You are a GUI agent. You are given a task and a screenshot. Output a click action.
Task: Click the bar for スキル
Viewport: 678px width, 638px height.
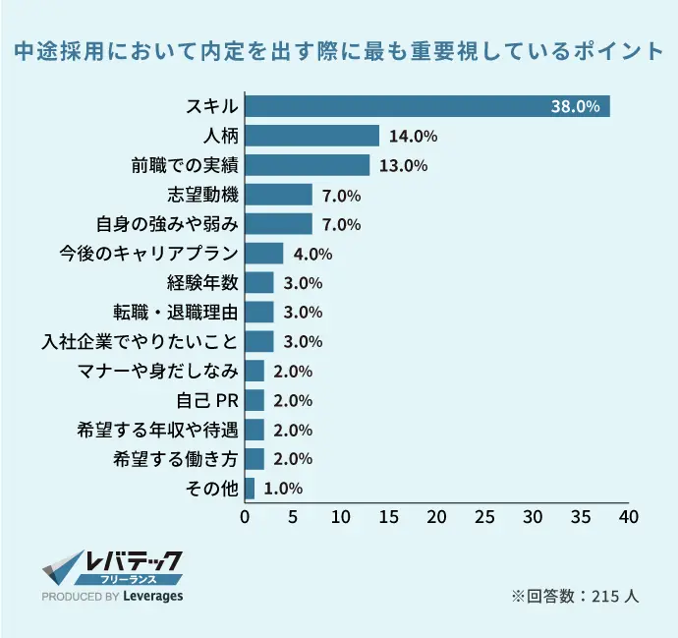tap(427, 106)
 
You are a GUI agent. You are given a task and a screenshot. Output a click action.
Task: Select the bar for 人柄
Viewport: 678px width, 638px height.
tap(312, 136)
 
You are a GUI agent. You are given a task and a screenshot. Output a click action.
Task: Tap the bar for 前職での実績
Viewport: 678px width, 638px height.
tap(308, 165)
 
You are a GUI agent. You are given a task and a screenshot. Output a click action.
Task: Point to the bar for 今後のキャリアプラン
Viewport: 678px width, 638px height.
tap(264, 254)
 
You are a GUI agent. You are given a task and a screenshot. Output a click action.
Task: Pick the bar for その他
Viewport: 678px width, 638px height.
tap(250, 489)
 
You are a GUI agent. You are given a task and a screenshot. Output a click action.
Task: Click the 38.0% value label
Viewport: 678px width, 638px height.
tap(575, 107)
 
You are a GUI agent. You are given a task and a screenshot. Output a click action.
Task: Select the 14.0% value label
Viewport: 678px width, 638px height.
tap(413, 137)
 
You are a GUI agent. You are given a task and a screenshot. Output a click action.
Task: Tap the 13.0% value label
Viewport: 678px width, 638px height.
tap(403, 166)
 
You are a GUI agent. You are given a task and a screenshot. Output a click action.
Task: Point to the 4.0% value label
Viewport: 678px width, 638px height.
tap(312, 255)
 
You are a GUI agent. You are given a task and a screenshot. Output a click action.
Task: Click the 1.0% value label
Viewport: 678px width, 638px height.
tap(283, 489)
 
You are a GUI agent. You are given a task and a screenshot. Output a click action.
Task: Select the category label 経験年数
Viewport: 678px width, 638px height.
tap(202, 283)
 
